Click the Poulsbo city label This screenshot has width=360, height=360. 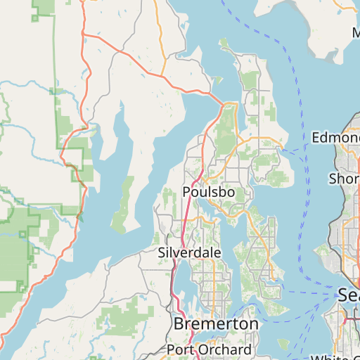[x=208, y=192]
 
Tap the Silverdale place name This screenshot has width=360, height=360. [x=189, y=252]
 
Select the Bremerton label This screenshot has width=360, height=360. [x=215, y=324]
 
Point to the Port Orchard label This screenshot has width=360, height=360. [x=209, y=349]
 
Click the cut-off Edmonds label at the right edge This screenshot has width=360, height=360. [x=335, y=136]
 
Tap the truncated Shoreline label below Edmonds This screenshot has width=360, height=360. [x=344, y=179]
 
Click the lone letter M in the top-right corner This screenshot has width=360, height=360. [x=355, y=32]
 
